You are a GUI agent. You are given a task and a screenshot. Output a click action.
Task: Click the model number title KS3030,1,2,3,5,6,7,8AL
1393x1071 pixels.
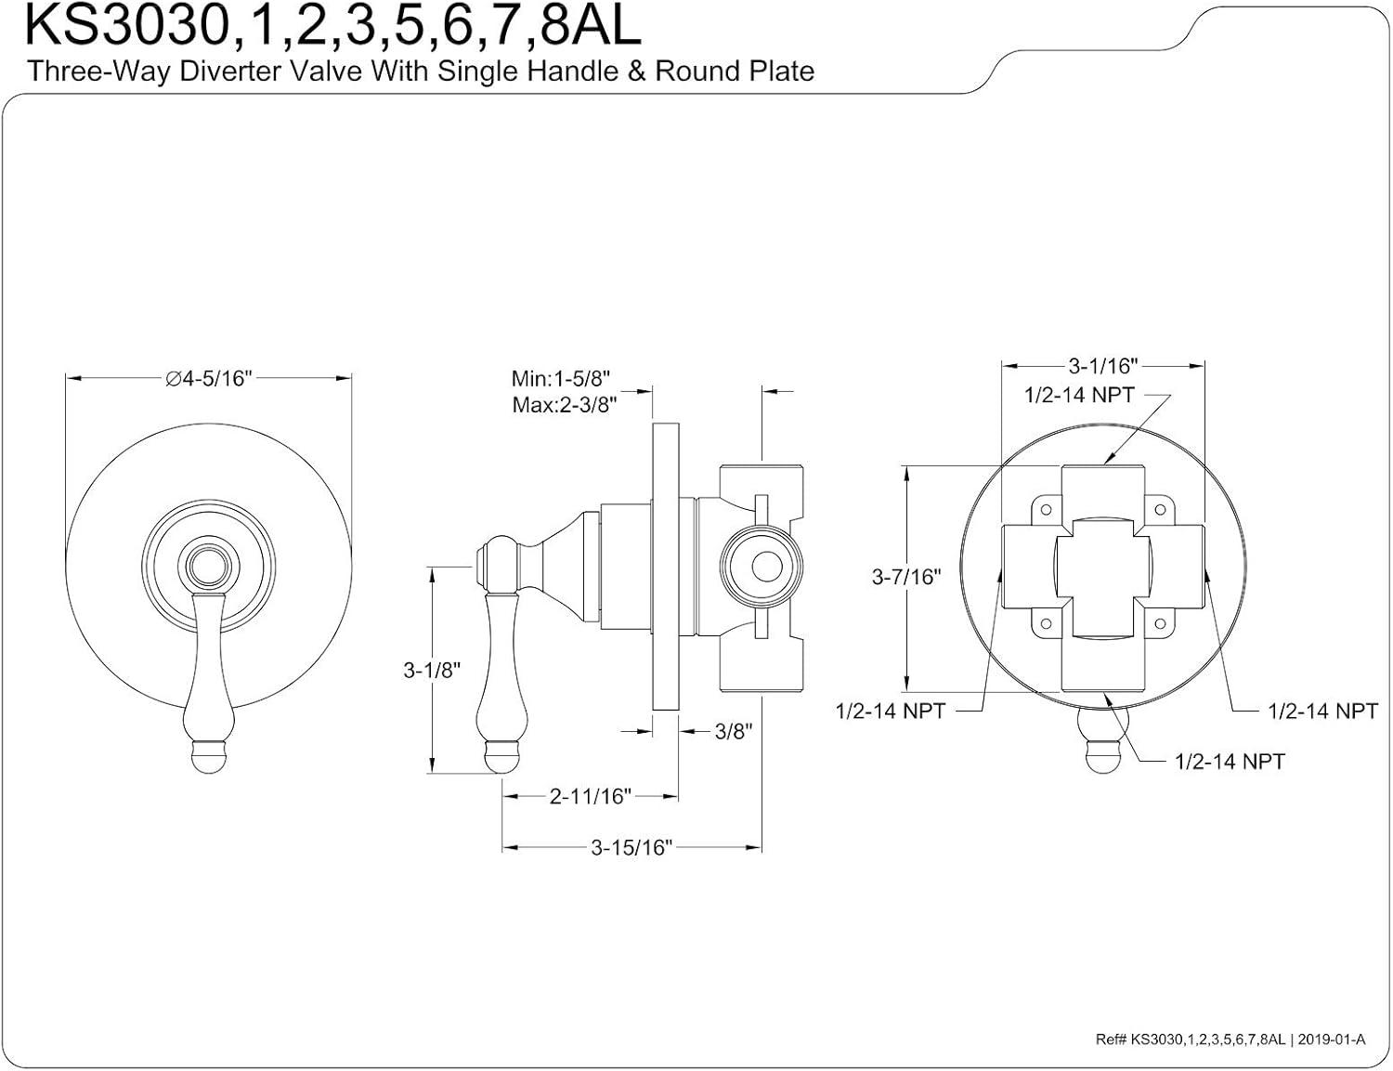(x=332, y=26)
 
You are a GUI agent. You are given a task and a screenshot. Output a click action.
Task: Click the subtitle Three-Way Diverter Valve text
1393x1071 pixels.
(x=421, y=72)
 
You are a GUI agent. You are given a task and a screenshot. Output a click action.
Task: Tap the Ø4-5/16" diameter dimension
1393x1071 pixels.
(x=208, y=378)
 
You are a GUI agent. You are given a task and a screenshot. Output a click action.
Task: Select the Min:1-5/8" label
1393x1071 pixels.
(x=561, y=379)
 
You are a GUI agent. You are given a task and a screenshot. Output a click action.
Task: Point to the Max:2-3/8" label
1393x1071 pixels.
(x=564, y=405)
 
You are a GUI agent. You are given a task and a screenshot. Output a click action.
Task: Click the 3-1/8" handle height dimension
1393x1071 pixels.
(x=432, y=670)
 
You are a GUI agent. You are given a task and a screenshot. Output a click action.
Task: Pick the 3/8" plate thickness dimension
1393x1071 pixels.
(x=733, y=732)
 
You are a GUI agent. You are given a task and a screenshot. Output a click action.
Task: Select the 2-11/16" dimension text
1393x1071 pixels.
(x=590, y=796)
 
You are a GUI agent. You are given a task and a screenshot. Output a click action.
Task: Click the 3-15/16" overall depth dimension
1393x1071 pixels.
(x=631, y=847)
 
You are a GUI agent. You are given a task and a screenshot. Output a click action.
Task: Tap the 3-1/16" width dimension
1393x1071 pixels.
(x=1102, y=366)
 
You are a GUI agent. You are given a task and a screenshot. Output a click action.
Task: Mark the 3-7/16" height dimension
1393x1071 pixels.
(x=905, y=577)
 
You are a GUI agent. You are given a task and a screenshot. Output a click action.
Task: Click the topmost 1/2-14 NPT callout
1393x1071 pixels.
(x=1079, y=395)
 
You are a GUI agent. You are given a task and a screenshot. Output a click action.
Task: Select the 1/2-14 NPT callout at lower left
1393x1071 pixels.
(x=890, y=712)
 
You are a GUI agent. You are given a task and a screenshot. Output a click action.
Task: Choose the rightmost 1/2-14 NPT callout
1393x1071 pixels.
(x=1322, y=712)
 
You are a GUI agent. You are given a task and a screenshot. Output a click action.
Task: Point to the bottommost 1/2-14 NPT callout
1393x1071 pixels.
(x=1229, y=762)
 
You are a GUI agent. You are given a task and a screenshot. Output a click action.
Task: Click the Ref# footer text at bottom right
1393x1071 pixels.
(x=1230, y=1039)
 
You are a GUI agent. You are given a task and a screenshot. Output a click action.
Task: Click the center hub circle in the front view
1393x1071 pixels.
(x=208, y=564)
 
